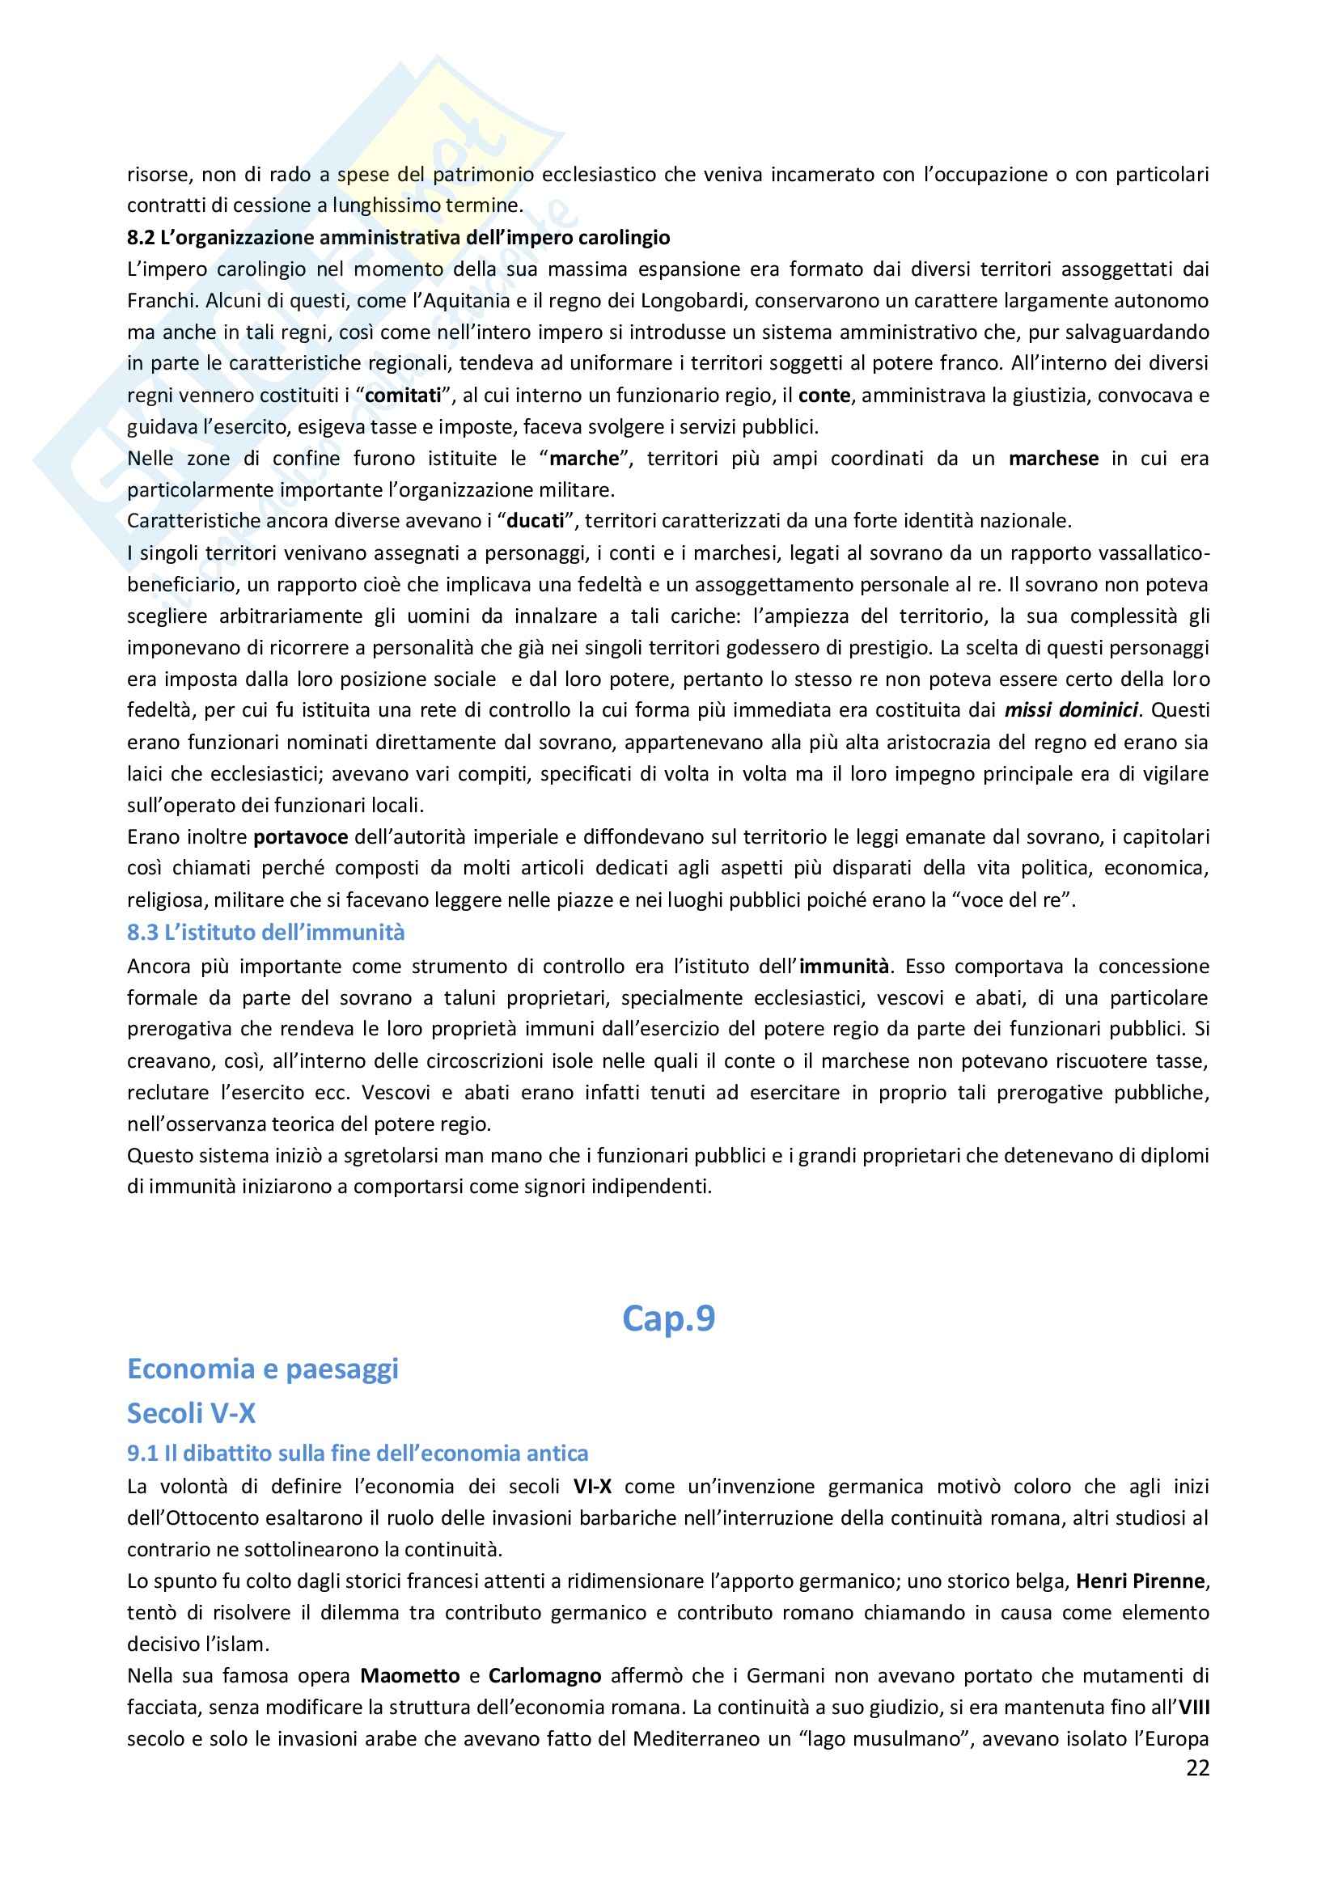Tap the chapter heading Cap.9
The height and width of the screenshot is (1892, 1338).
pyautogui.click(x=668, y=1318)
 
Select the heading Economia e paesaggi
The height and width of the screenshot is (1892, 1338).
pyautogui.click(x=263, y=1369)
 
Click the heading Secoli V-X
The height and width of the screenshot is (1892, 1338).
pyautogui.click(x=191, y=1413)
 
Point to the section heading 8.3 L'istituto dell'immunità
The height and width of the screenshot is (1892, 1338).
pyautogui.click(x=266, y=932)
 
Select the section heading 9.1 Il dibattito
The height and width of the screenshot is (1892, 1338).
pyautogui.click(x=358, y=1453)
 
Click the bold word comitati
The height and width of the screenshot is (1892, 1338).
pyautogui.click(x=403, y=395)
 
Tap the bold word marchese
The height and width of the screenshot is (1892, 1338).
pyautogui.click(x=1053, y=458)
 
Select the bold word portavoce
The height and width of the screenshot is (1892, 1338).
pyautogui.click(x=301, y=837)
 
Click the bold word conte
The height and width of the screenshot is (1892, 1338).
pyautogui.click(x=824, y=395)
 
